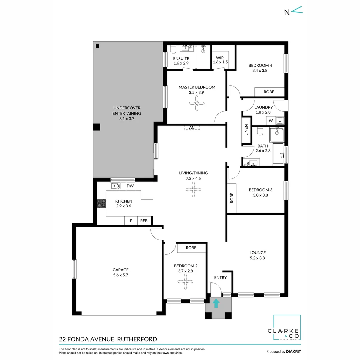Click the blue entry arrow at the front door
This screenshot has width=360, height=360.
(216, 303)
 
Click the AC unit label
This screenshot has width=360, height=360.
(192, 127)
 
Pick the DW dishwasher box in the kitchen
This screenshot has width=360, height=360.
(130, 186)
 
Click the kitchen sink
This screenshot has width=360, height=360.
(116, 186)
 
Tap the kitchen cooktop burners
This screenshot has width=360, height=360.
(101, 203)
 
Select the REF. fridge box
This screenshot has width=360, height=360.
(144, 221)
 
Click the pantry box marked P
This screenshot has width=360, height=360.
(131, 221)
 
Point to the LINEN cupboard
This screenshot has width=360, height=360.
(247, 130)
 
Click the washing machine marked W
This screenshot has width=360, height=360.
(271, 121)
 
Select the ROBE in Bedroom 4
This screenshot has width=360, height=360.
(269, 92)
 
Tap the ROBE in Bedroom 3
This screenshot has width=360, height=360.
(232, 198)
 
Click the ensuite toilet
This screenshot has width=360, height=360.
(173, 50)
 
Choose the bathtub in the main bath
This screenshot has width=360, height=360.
(278, 153)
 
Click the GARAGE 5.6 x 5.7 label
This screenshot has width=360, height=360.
(120, 272)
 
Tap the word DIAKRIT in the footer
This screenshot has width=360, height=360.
(294, 352)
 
